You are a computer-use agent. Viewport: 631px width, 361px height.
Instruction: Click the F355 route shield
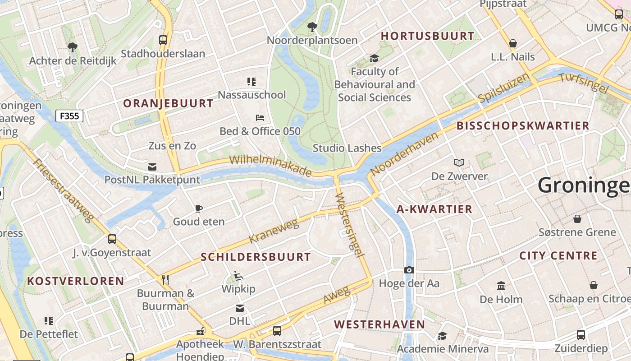point(69,116)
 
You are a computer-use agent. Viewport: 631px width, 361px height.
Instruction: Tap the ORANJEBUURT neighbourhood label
point(168,103)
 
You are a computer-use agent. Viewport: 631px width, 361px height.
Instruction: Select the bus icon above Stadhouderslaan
point(163,40)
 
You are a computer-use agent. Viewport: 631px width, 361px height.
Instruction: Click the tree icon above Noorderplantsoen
point(312,27)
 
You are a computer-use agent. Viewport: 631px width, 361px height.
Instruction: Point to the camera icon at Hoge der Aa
point(409,270)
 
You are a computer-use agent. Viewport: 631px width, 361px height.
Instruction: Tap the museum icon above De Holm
point(501,286)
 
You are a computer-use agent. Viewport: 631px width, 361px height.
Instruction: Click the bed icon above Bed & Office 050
point(260,118)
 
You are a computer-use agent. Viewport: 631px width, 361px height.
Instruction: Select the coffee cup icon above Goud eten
point(199,208)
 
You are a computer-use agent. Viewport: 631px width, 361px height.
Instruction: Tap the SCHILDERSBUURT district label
point(256,257)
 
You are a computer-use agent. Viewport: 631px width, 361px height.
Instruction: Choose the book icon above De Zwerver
point(459,162)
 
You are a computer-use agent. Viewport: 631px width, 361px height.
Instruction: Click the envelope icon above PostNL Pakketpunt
point(152,167)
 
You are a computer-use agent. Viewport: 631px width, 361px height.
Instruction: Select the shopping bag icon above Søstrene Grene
point(577,219)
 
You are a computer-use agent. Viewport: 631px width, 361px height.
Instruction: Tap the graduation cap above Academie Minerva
point(442,336)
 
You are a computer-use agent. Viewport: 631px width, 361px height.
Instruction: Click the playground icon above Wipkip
point(238,275)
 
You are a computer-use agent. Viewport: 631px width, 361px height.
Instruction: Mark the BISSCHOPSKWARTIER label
point(523,125)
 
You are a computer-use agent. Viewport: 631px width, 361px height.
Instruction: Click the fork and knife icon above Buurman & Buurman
point(165,280)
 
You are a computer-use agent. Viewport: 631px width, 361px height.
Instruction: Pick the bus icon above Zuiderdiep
point(581,335)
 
